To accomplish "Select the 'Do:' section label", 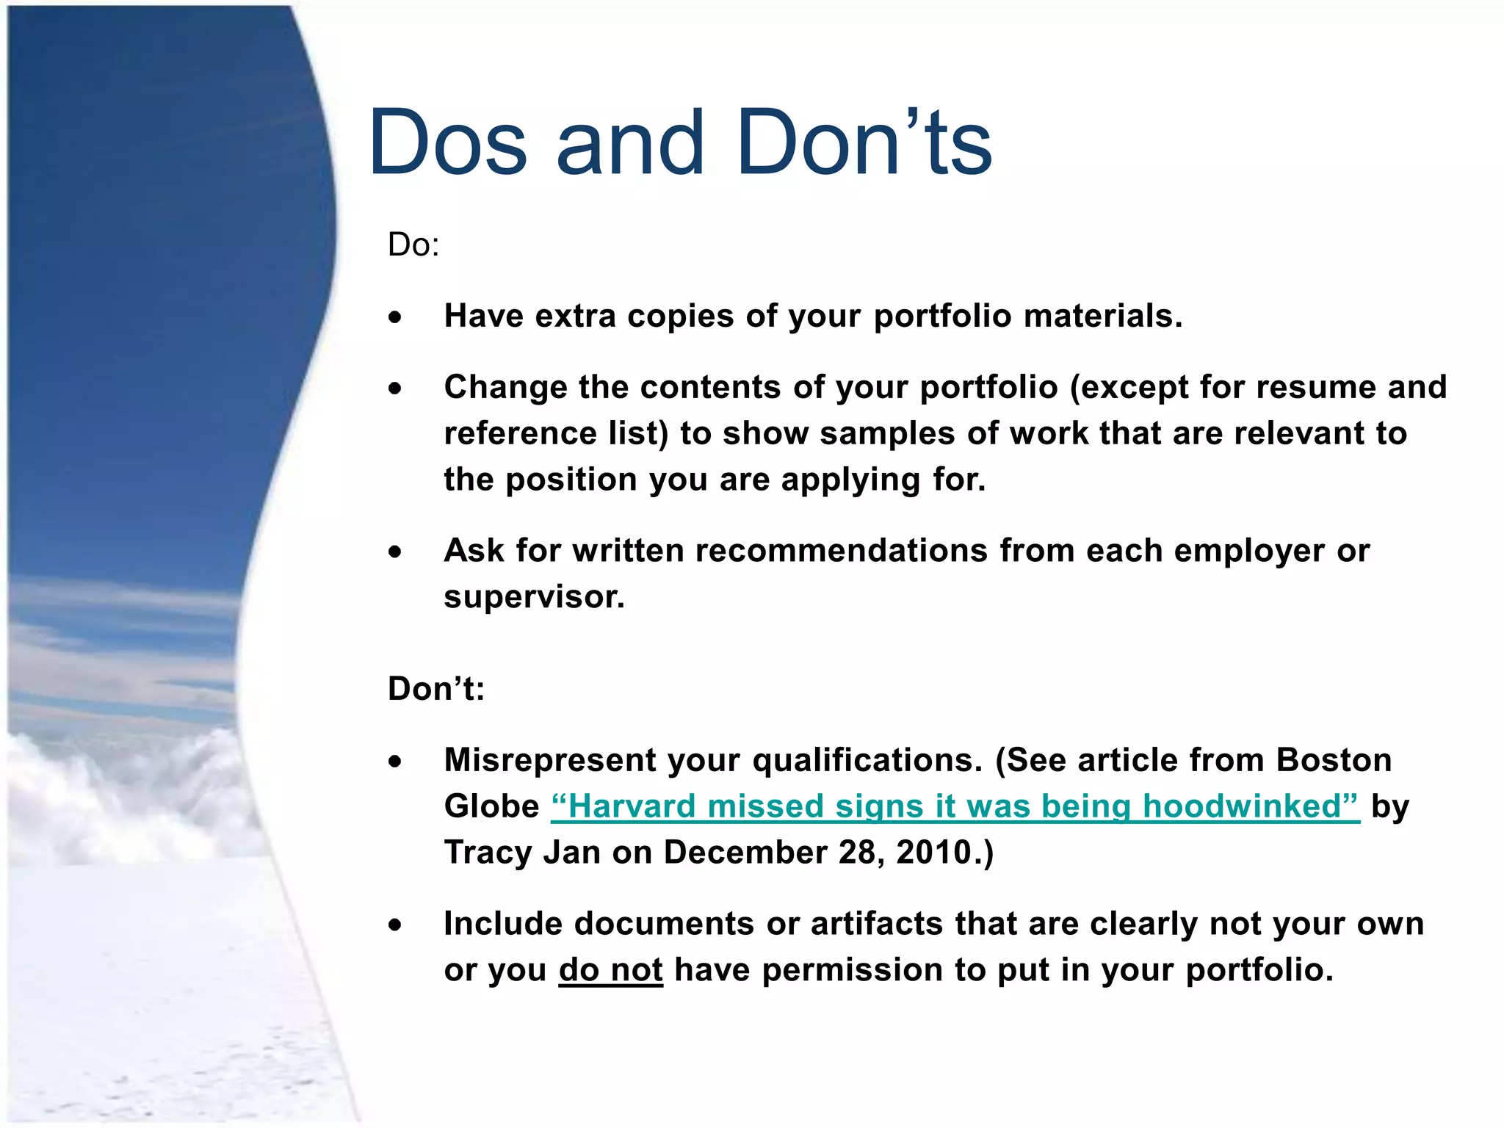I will click(413, 245).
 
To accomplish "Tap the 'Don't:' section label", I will click(436, 689).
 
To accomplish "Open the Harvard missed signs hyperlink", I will click(955, 806).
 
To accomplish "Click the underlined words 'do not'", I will click(610, 970).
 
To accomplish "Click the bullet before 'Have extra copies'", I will click(396, 317).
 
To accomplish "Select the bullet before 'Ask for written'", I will click(396, 552).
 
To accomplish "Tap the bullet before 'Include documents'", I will click(396, 925).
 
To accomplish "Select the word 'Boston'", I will click(1334, 760).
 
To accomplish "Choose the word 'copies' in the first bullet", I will click(680, 317).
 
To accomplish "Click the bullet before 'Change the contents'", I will click(396, 388).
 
